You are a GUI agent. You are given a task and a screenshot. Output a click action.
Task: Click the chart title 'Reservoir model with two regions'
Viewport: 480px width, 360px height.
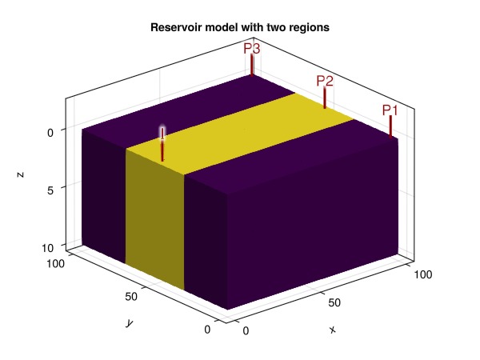click(240, 28)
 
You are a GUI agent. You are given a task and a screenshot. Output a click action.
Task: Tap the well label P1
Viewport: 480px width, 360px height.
click(390, 110)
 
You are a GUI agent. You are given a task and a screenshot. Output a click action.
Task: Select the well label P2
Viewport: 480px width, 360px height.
click(325, 81)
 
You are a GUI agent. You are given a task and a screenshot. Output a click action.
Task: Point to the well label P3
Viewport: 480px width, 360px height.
click(252, 49)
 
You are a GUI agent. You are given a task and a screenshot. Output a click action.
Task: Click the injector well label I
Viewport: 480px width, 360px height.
click(162, 133)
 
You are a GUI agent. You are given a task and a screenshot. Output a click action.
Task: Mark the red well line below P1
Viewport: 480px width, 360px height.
click(390, 128)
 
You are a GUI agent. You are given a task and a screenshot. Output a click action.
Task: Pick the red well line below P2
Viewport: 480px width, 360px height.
click(325, 98)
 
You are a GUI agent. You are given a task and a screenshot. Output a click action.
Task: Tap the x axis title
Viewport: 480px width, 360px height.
click(332, 329)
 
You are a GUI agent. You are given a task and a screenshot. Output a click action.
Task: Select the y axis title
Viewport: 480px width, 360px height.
click(128, 322)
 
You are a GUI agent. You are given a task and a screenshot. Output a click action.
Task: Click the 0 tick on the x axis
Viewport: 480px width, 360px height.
click(246, 330)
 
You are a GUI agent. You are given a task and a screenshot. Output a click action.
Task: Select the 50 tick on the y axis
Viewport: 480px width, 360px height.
click(132, 297)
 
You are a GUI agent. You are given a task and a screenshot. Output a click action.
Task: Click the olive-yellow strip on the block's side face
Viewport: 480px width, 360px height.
click(155, 216)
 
